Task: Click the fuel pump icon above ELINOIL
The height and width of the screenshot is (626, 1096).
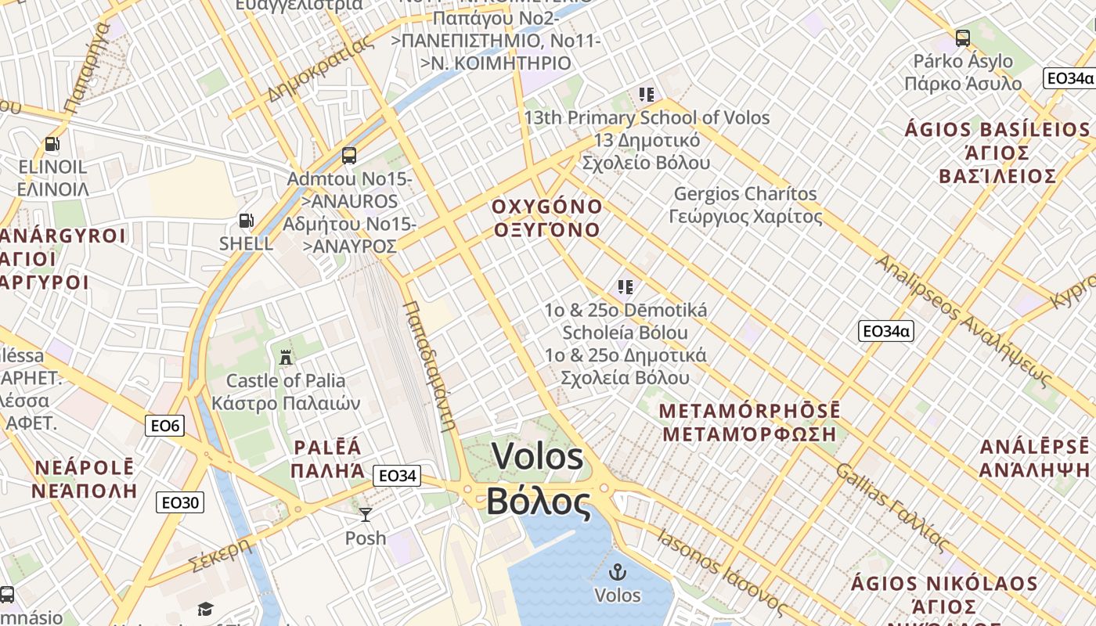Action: coord(52,144)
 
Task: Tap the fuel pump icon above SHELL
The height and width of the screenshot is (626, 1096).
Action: coord(246,221)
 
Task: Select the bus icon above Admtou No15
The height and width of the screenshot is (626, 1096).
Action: coord(349,156)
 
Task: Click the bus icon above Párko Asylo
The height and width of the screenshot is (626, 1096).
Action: coord(963,38)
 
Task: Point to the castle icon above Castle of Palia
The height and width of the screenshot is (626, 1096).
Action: coord(286,358)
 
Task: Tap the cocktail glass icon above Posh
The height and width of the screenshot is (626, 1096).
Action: coord(366,514)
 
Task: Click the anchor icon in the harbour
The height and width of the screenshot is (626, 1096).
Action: coord(618,572)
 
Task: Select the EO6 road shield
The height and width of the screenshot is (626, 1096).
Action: coord(164,426)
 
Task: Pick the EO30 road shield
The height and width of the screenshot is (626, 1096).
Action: coord(180,502)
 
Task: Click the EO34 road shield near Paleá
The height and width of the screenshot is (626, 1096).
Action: coord(397,476)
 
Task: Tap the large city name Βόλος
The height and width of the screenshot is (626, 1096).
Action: coord(539,501)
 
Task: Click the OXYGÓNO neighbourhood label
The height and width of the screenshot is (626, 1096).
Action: coord(547,207)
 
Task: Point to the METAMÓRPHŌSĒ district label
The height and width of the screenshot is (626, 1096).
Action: coord(749,411)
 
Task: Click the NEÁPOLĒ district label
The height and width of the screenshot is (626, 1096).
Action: coord(84,469)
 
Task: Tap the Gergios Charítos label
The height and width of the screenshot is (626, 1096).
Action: coord(744,194)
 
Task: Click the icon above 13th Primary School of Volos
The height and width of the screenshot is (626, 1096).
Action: coord(647,95)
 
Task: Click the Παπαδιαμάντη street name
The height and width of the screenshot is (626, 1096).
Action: coord(429,365)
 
